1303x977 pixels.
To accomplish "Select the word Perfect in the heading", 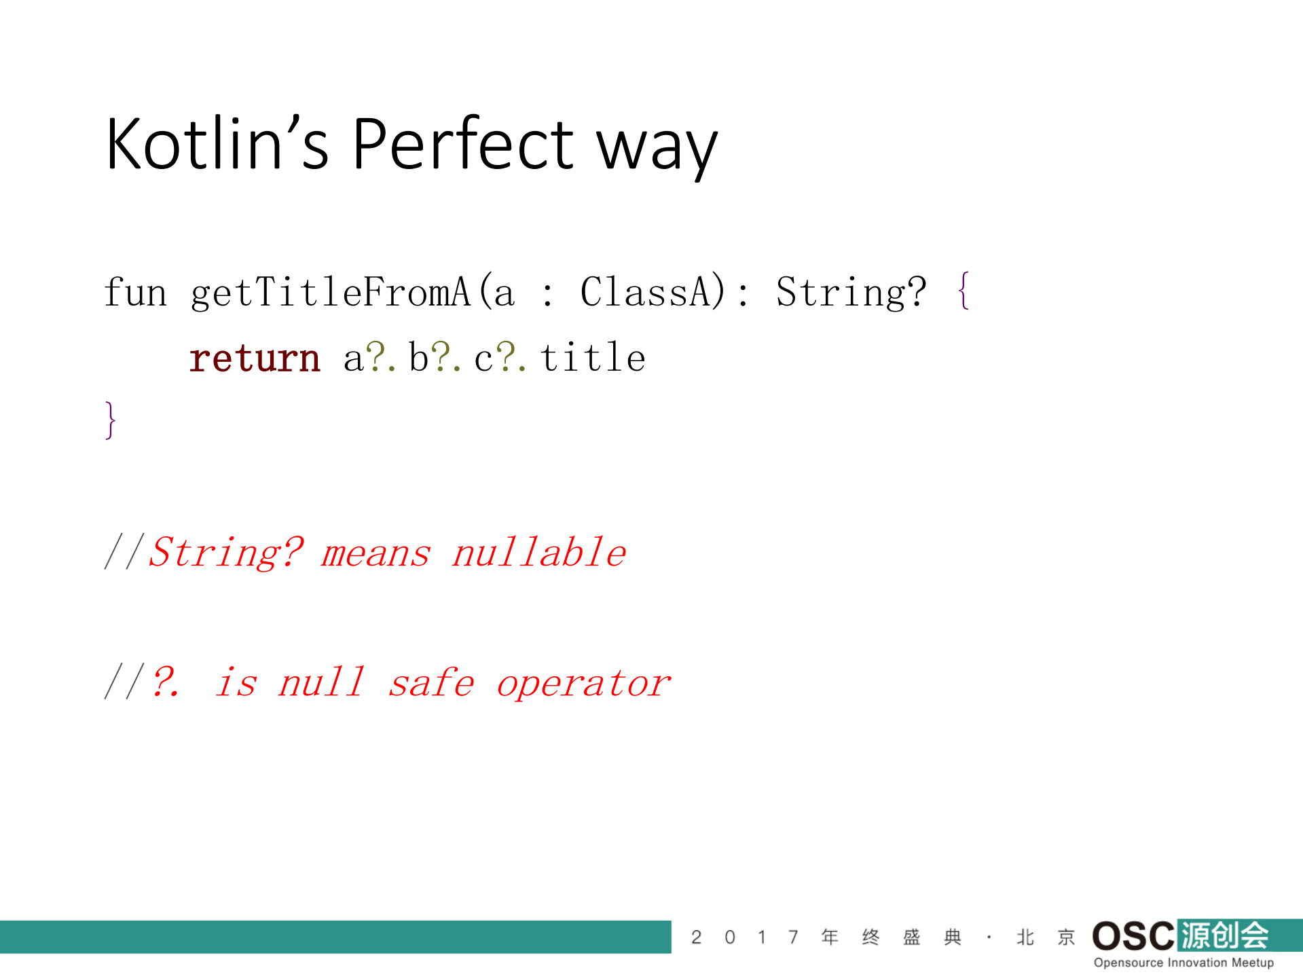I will point(463,144).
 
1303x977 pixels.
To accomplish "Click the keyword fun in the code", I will point(135,292).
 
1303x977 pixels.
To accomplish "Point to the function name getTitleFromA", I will point(331,292).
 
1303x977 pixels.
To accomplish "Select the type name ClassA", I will point(653,292).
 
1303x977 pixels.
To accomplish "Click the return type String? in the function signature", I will point(851,292).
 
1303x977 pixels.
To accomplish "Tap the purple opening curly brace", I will point(964,291).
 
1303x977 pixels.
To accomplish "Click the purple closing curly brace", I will point(111,420).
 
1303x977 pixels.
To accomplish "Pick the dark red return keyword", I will point(255,358).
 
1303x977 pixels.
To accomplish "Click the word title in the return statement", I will point(593,358).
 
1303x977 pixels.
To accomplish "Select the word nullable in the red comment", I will point(539,552).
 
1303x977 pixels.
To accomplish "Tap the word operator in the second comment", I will point(584,683).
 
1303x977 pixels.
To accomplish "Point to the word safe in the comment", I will point(431,683).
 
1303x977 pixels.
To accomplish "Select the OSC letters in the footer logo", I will point(1133,936).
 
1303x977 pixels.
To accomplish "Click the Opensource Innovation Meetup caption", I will point(1183,963).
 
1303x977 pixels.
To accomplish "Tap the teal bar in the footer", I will point(335,937).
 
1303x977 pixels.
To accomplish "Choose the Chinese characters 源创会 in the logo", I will point(1225,936).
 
